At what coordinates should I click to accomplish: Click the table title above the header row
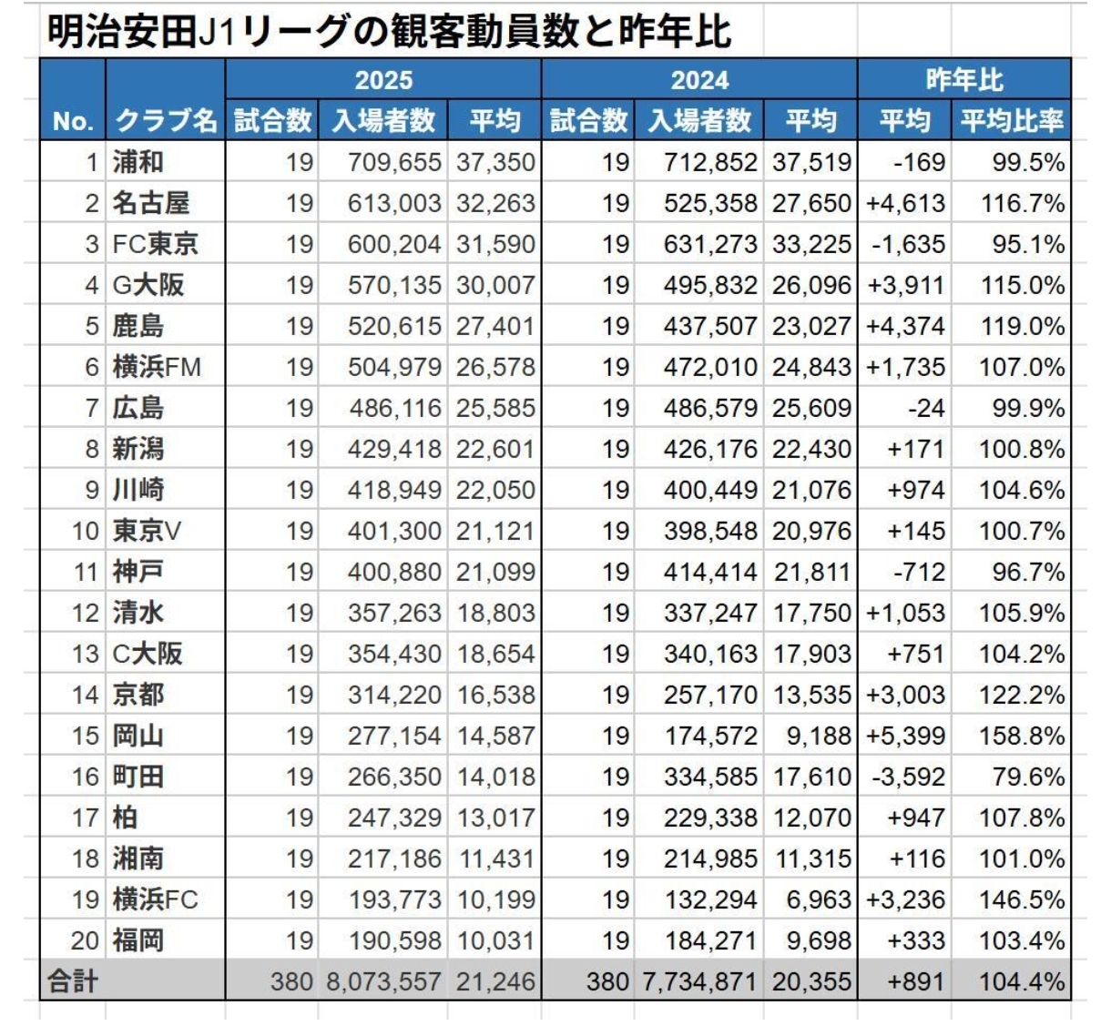[389, 32]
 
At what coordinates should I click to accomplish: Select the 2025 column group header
[382, 80]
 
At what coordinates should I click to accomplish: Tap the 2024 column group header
[698, 80]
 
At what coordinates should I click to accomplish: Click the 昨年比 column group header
[963, 80]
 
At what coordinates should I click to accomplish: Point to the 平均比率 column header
[1011, 120]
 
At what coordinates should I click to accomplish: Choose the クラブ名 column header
[166, 120]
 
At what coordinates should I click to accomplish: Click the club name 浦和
[138, 162]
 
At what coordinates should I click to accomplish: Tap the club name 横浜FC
[155, 899]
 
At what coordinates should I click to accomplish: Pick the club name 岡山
[138, 736]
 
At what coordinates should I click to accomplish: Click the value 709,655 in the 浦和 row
[393, 162]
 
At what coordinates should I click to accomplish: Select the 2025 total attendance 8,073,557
[382, 981]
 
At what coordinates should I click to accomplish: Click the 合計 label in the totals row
[73, 981]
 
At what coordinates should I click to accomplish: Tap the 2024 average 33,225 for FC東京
[811, 244]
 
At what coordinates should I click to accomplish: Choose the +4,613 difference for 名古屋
[905, 203]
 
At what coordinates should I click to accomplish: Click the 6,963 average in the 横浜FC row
[818, 899]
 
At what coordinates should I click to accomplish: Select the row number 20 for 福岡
[85, 940]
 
